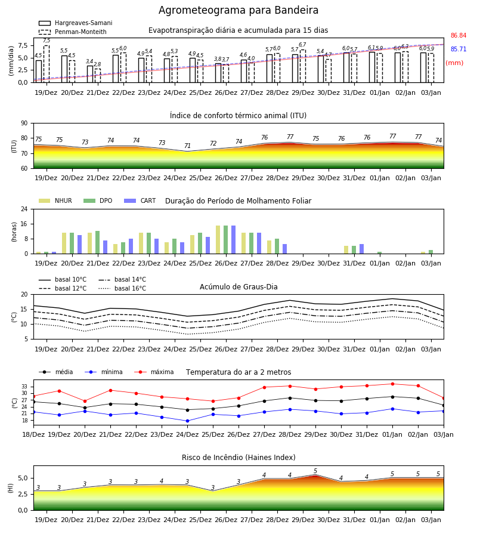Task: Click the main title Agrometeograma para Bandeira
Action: [238, 10]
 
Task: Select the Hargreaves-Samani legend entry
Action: [75, 23]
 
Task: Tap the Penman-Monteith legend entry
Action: [73, 32]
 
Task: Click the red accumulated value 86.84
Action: [459, 35]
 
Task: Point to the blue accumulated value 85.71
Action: [459, 49]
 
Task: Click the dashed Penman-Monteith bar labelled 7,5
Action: [47, 64]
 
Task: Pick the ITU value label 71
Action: [187, 146]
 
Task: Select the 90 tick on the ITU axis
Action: [24, 124]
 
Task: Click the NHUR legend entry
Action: [55, 200]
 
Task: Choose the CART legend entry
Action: [140, 200]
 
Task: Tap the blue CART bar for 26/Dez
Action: [233, 240]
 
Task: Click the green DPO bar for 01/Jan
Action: [379, 253]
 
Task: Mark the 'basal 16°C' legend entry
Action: [122, 288]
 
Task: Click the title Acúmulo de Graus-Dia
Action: [238, 286]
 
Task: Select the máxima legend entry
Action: [154, 372]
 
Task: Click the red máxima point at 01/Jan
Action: [392, 384]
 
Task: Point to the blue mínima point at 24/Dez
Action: [187, 421]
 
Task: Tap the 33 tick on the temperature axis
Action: [24, 387]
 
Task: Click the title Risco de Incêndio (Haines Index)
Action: [238, 457]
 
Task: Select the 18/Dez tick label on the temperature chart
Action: [33, 434]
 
